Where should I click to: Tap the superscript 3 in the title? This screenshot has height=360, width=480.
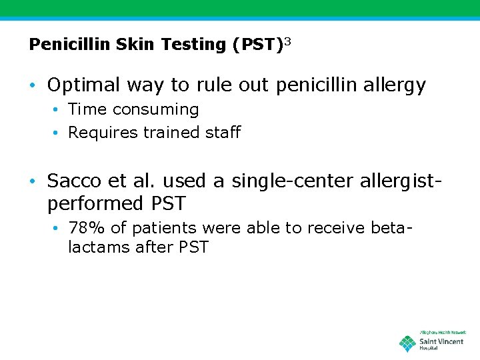(x=288, y=41)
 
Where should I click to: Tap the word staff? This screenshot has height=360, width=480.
(x=223, y=133)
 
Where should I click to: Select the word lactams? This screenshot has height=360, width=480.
(x=100, y=247)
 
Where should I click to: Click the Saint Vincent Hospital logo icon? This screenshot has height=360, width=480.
(x=407, y=344)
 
